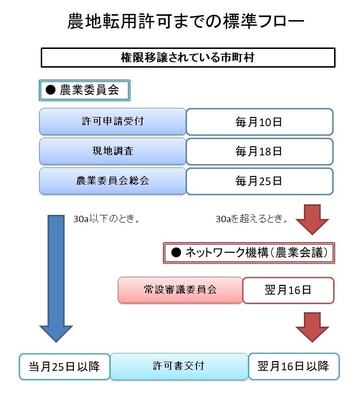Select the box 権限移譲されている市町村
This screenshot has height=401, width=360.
pos(187,58)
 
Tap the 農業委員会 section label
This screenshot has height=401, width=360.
pos(84,91)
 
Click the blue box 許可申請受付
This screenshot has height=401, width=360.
pos(112,121)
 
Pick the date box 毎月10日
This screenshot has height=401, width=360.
pos(259,122)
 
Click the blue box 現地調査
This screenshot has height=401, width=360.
pos(112,151)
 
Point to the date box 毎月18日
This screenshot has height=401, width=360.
pos(259,152)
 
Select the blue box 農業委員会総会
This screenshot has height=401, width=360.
pos(112,181)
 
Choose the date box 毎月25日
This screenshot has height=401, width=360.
pos(259,181)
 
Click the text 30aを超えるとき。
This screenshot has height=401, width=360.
pos(252,220)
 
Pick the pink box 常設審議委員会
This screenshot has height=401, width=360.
pos(180,290)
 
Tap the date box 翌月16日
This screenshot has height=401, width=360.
pos(288,290)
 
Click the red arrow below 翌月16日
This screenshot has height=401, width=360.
pos(312,326)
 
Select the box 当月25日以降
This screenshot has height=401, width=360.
pos(64,366)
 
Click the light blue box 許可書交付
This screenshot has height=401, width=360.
pos(179,366)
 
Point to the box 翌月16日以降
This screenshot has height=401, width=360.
pos(293,366)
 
